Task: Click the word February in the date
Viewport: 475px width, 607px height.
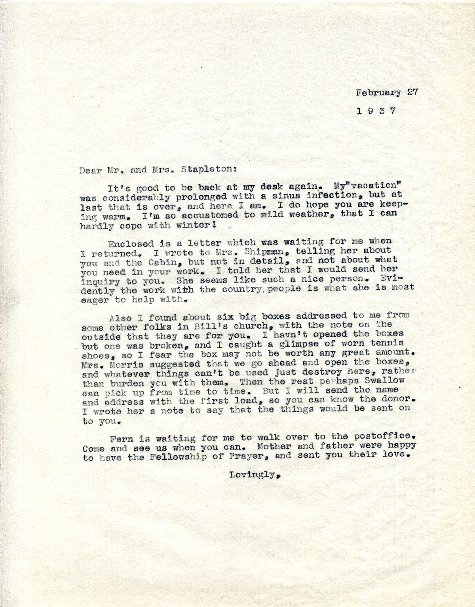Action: pyautogui.click(x=378, y=93)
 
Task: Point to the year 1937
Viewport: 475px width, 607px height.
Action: pyautogui.click(x=376, y=111)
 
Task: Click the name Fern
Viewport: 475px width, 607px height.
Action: pyautogui.click(x=119, y=439)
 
